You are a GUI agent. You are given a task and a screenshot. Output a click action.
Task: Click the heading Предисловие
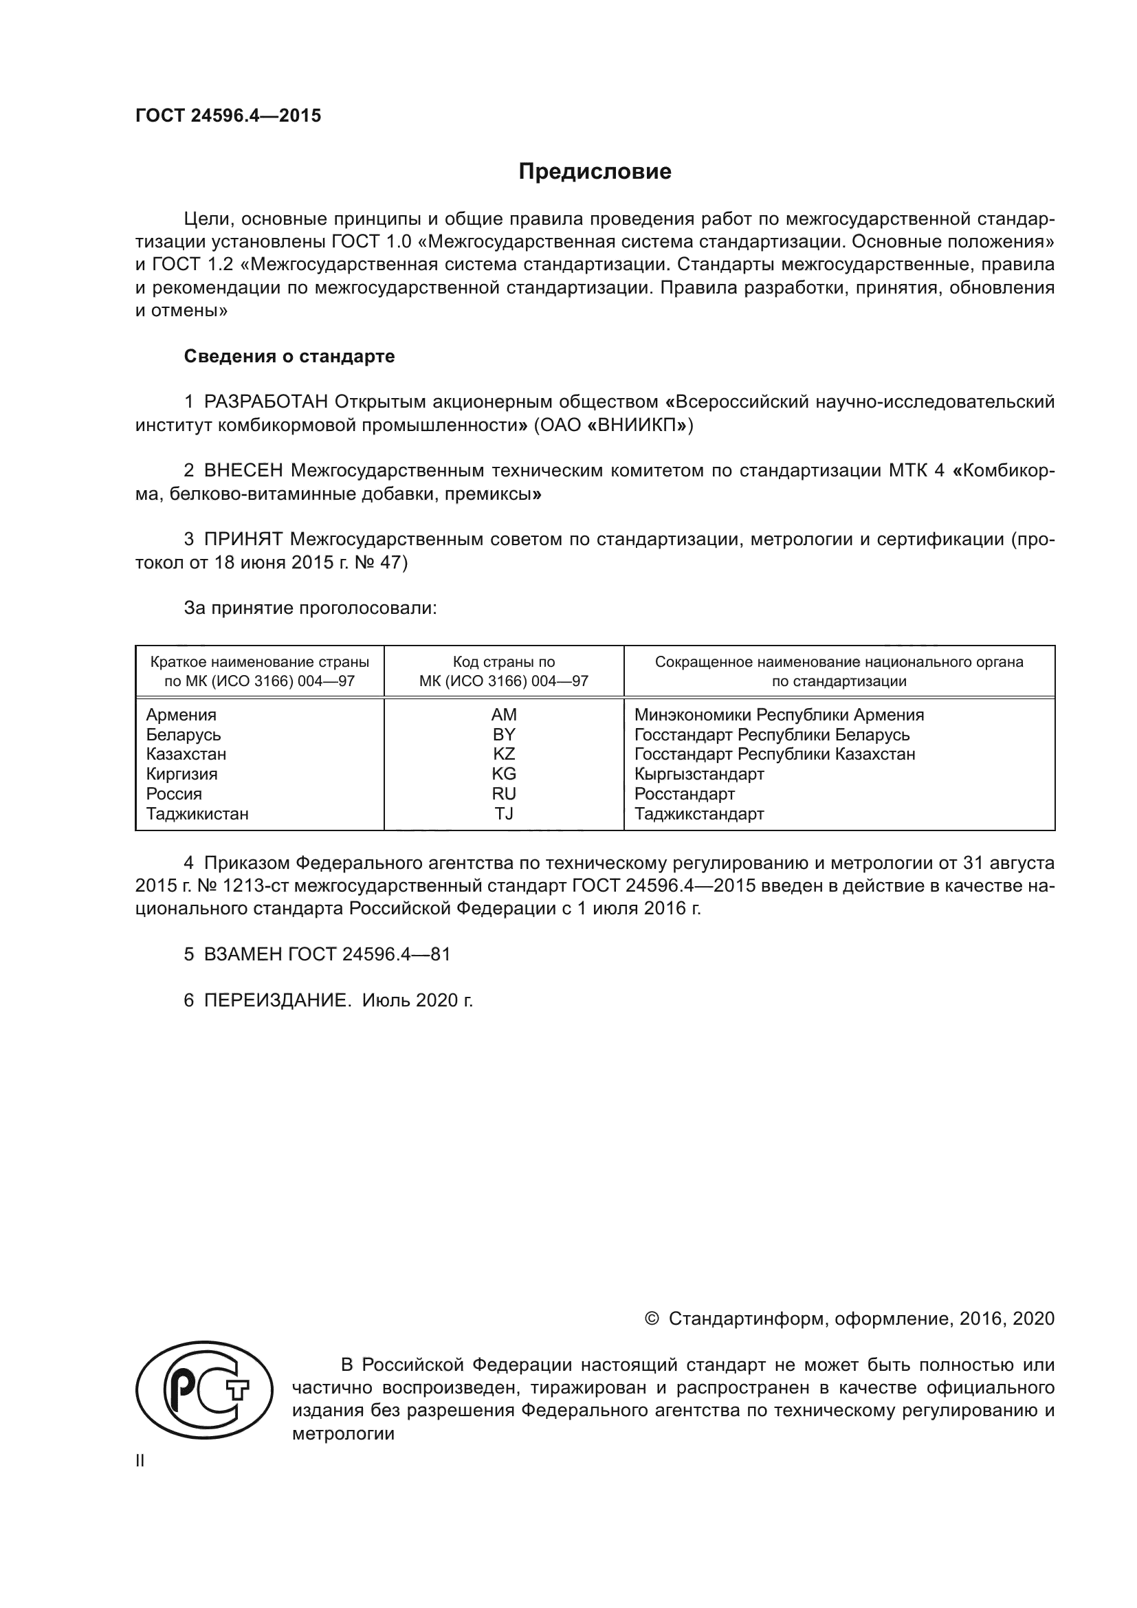click(595, 172)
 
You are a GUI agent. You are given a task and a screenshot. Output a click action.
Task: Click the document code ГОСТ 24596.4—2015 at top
click(228, 115)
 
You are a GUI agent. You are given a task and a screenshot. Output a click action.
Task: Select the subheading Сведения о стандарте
click(289, 357)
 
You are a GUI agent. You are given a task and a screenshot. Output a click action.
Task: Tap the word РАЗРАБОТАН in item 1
click(266, 402)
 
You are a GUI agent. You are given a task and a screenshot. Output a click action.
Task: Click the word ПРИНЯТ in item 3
click(243, 539)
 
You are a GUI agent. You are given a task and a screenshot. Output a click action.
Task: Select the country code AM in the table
click(503, 715)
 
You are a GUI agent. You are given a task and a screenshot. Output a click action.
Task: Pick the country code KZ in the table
click(503, 754)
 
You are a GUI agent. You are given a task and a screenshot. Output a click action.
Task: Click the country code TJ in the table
click(503, 814)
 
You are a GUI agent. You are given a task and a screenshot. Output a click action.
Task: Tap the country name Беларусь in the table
click(184, 735)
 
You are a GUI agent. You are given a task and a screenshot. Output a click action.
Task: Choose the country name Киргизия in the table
click(182, 774)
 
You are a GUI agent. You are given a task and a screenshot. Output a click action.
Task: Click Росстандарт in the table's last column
click(684, 794)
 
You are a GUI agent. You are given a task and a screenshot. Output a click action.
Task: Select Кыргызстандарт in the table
click(698, 774)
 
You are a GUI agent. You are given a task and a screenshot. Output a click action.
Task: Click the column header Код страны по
click(503, 662)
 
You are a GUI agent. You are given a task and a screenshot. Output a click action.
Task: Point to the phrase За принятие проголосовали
click(310, 608)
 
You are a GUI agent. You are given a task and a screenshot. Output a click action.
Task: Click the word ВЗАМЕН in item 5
click(243, 954)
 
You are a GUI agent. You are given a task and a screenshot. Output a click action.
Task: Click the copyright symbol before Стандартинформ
click(651, 1319)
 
